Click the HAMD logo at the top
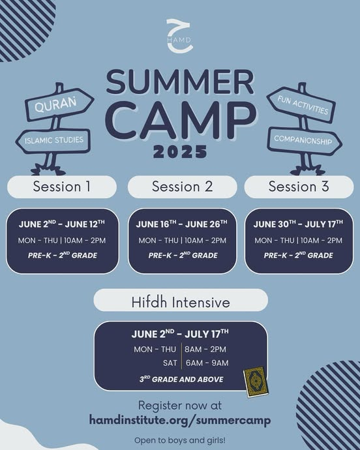[179, 36]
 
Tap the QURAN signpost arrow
[59, 104]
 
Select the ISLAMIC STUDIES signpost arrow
[53, 141]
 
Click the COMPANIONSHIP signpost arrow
[305, 141]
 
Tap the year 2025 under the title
[180, 151]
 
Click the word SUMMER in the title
[180, 82]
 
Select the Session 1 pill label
[62, 187]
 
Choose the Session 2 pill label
[183, 187]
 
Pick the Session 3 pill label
[299, 187]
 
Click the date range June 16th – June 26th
[182, 224]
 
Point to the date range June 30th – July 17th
[298, 224]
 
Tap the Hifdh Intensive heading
[181, 302]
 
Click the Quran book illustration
[256, 382]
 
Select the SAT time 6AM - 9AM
[207, 363]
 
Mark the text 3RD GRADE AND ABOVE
[181, 379]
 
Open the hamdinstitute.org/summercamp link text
[180, 421]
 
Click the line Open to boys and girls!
[180, 440]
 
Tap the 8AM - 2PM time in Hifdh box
[205, 350]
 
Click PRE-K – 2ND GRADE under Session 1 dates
[63, 255]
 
